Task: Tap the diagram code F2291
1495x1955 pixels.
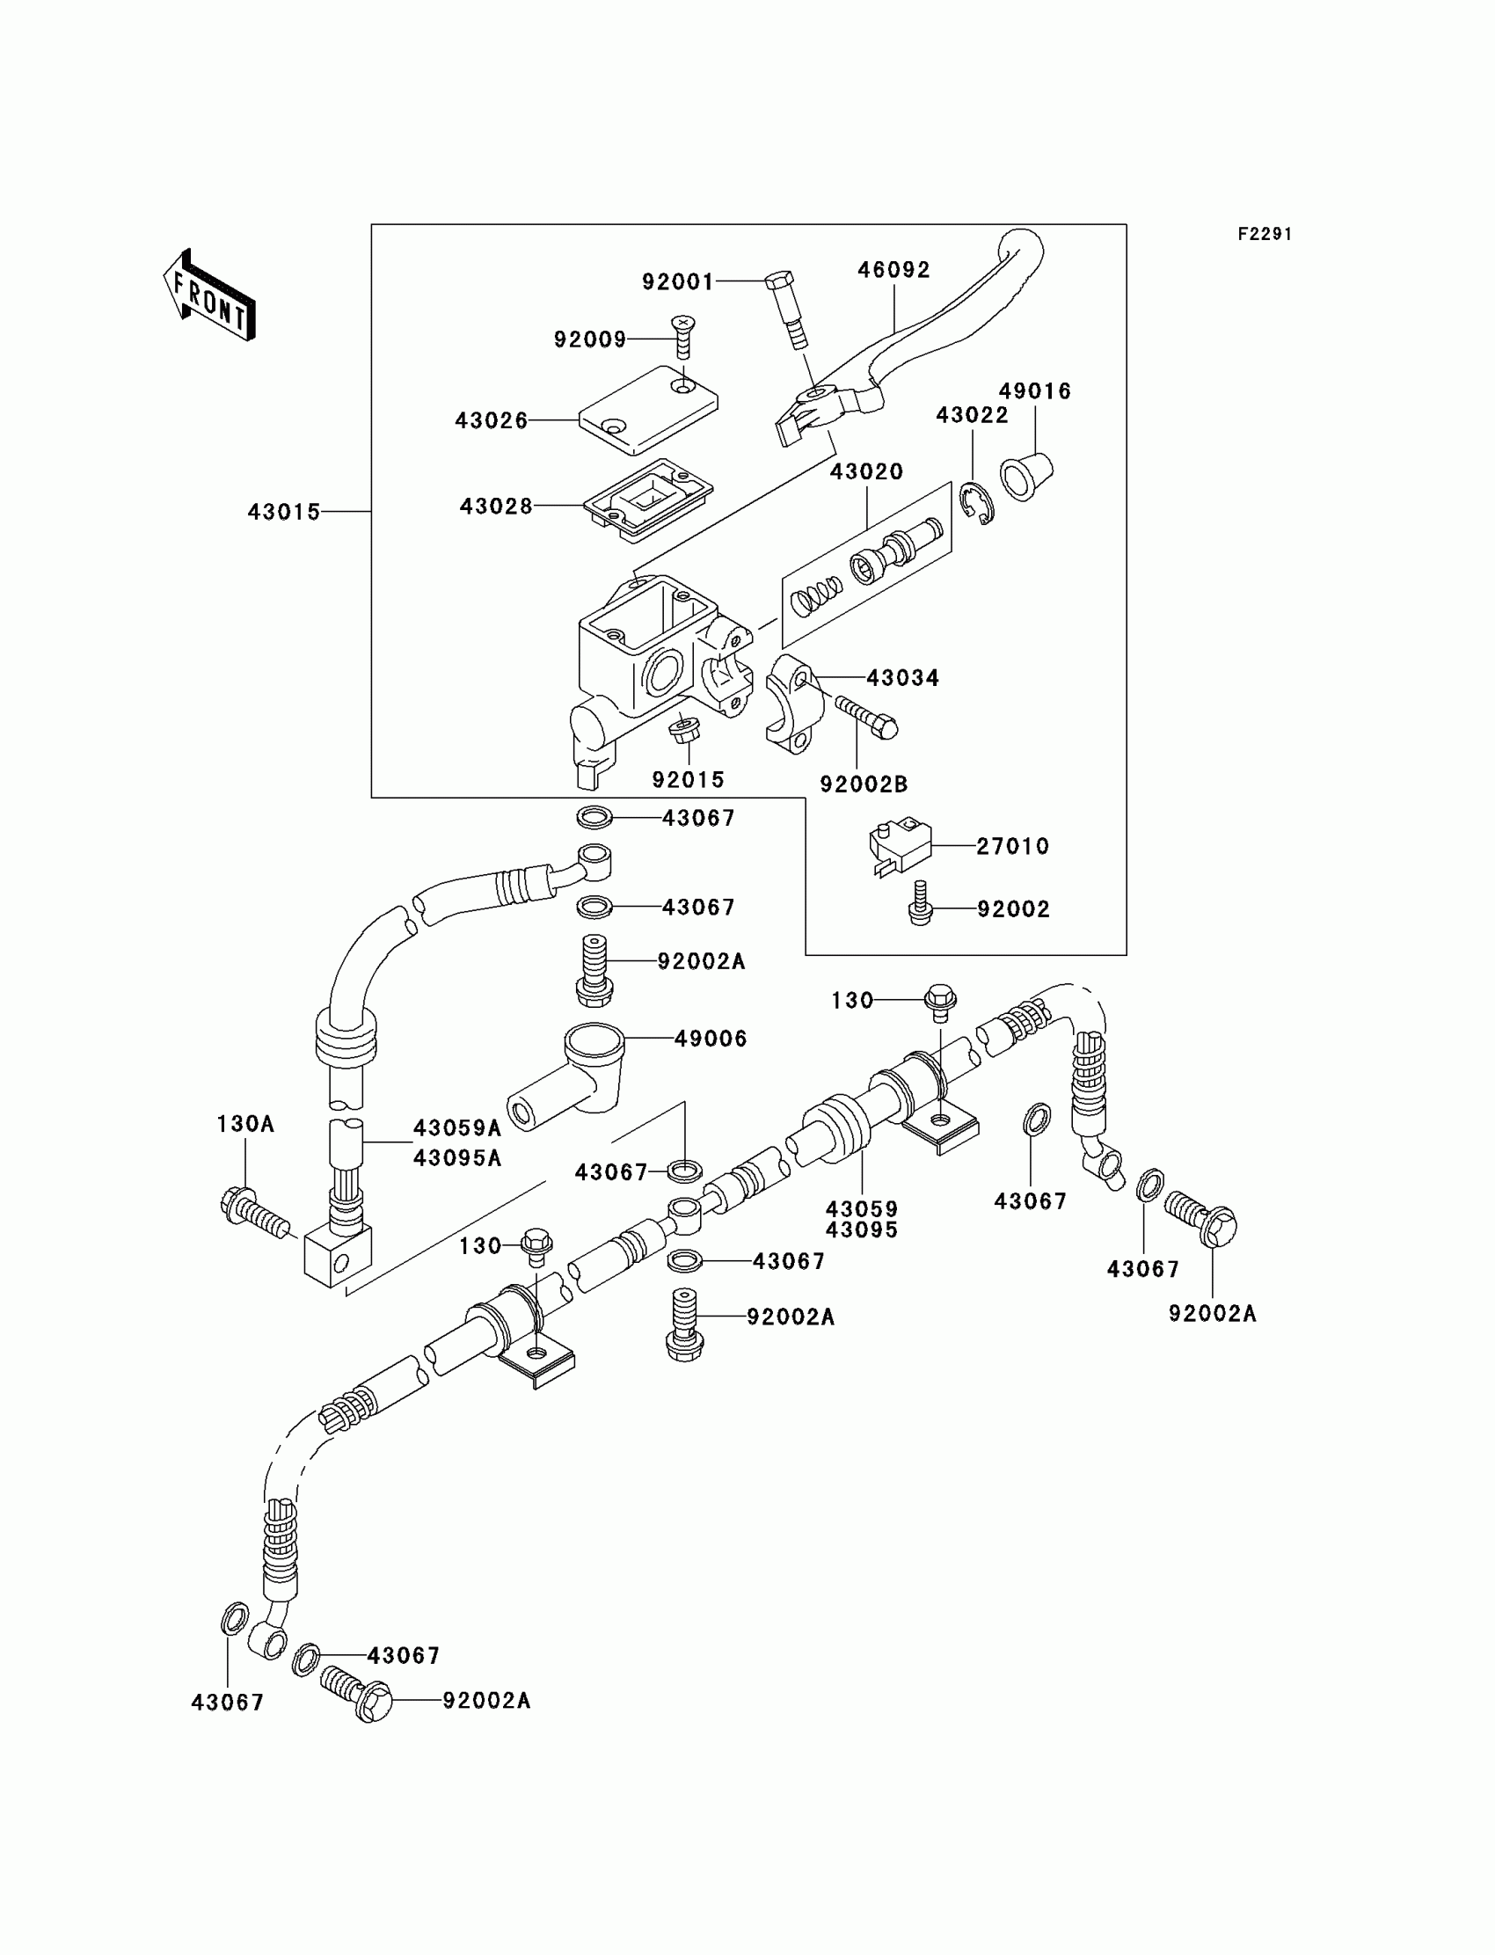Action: (1265, 234)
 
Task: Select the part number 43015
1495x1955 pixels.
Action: (284, 512)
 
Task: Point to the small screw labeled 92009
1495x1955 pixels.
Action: (683, 336)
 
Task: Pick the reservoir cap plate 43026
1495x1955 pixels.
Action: (648, 410)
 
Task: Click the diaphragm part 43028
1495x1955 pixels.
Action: (648, 501)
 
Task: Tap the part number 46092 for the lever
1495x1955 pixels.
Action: (893, 270)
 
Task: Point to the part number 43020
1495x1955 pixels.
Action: (866, 471)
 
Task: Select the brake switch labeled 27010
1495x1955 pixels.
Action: (898, 844)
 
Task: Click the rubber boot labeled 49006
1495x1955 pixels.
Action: (570, 1076)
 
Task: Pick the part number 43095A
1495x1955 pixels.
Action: (457, 1157)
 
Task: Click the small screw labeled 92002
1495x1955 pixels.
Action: (920, 906)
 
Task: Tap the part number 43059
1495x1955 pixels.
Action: (862, 1209)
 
